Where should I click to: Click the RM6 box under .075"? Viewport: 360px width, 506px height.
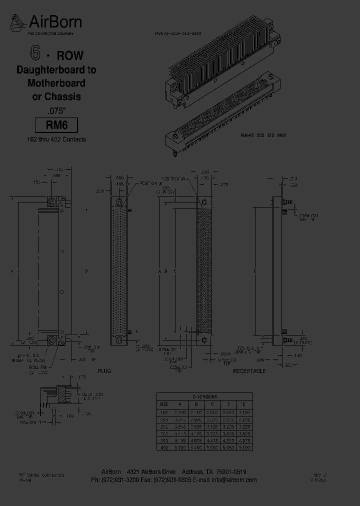(x=56, y=125)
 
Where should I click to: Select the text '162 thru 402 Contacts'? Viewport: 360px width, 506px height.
(x=56, y=139)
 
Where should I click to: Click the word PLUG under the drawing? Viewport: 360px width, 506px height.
(x=104, y=371)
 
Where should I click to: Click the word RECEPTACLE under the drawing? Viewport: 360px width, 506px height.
(x=249, y=371)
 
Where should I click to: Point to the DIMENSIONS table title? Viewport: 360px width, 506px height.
(x=205, y=396)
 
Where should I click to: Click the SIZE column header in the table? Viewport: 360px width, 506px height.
(x=164, y=404)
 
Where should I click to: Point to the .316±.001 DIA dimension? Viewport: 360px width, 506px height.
(x=308, y=216)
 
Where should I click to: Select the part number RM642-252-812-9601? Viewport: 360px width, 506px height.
(x=263, y=135)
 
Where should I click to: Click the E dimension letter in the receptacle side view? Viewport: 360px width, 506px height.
(x=255, y=271)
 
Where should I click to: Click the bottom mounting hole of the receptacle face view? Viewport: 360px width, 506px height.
(x=204, y=340)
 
